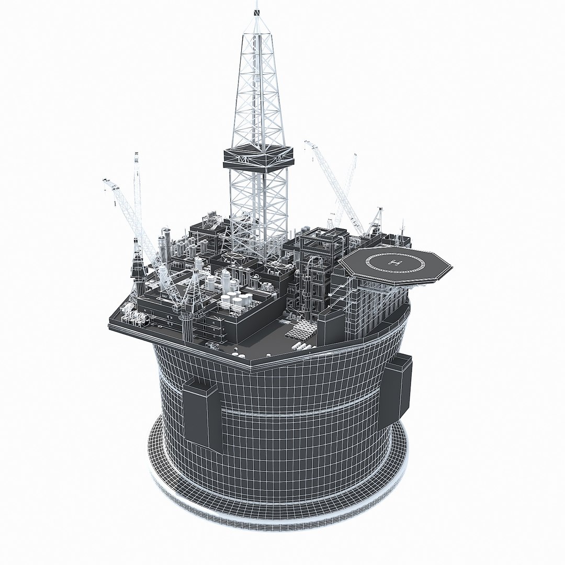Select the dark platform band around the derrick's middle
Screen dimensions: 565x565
pos(258,158)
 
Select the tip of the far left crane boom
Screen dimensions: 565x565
pos(106,181)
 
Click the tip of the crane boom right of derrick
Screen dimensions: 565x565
pos(308,142)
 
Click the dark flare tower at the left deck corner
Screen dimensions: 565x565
pos(139,272)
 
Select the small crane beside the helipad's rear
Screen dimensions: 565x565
pos(377,220)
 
